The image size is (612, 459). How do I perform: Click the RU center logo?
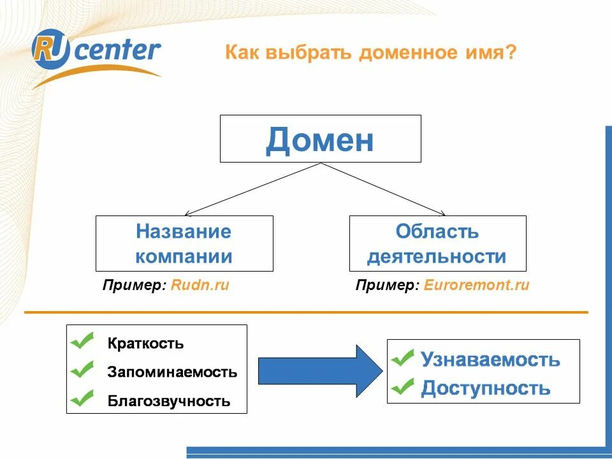coord(96,52)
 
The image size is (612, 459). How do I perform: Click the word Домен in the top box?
coord(320,140)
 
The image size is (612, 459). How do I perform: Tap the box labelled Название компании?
coord(184,244)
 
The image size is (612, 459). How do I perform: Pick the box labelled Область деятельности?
coord(437,244)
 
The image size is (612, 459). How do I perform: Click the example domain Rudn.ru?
coord(200,286)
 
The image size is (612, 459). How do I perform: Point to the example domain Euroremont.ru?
coord(476,286)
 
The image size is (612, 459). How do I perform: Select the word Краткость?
coord(146,344)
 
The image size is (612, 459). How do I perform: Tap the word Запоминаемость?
coord(172,372)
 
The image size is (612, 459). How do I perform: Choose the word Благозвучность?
coord(169,402)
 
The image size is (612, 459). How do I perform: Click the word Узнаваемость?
coord(490,360)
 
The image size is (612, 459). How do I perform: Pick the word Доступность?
coord(485,388)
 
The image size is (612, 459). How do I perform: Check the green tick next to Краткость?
coord(82,342)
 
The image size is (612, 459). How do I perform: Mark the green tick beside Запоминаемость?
coord(82,370)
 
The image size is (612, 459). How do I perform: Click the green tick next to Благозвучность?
coord(82,399)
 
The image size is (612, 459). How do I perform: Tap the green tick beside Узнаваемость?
coord(402,358)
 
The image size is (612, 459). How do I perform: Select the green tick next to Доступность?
coord(402,386)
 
